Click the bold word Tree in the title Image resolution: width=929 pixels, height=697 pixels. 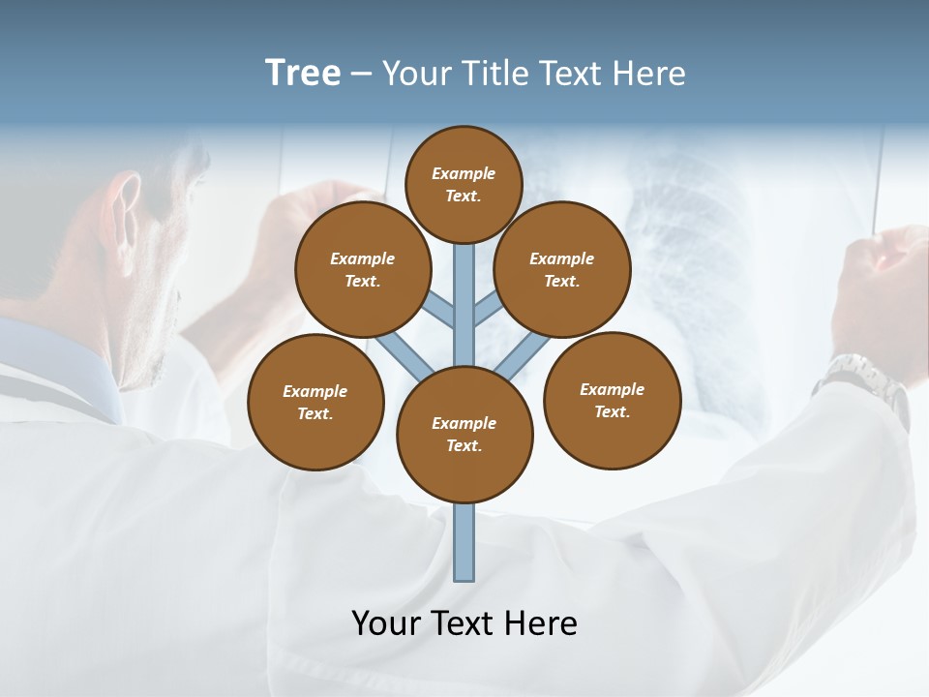pos(303,73)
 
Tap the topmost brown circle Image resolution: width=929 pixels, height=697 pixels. pos(464,184)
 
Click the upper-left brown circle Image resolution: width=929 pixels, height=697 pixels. pos(363,269)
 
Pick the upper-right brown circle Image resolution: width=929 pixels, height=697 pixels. pos(562,269)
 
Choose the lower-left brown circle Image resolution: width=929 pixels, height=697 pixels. pos(315,402)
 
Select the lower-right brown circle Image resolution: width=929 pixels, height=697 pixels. pos(612,400)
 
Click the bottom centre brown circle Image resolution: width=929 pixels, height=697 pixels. pos(464,435)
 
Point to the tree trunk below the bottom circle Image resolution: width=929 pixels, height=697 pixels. pos(464,542)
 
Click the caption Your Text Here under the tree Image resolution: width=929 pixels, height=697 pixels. pos(464,622)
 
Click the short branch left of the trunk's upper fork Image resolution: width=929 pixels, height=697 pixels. pos(441,309)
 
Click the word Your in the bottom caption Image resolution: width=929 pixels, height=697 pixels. pos(385,622)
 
